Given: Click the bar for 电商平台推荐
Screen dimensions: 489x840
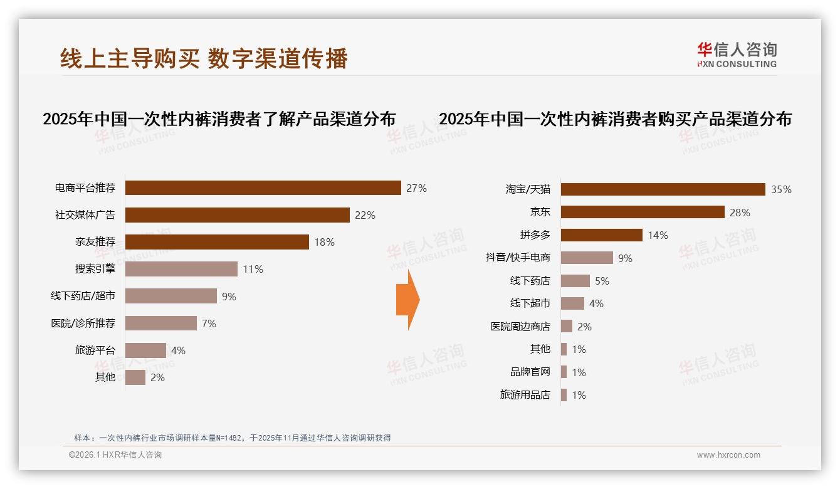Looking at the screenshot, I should [263, 188].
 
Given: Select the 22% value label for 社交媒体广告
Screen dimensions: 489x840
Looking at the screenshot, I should [365, 215].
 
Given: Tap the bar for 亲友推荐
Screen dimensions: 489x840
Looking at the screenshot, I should [217, 242].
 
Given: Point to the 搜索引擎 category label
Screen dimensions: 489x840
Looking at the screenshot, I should [95, 269].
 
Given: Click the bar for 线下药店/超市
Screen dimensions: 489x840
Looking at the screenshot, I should [171, 296].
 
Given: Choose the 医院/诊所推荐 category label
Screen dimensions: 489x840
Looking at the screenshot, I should [83, 323].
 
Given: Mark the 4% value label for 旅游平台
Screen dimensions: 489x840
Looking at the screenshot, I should [178, 350].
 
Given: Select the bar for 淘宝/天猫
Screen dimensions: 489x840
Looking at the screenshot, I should [663, 189].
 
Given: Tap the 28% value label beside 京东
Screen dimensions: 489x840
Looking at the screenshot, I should [740, 213].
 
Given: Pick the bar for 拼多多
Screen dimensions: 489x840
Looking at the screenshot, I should [601, 235].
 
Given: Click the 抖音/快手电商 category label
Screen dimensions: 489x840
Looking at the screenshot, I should [518, 258].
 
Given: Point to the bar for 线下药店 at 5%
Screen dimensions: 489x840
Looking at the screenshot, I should [575, 281].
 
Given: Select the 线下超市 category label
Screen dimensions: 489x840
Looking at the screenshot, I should [530, 303].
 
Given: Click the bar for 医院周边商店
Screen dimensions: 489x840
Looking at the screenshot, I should [567, 326].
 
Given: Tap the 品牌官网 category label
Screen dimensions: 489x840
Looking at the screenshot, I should [530, 372].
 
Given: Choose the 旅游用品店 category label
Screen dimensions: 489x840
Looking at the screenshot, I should [525, 395].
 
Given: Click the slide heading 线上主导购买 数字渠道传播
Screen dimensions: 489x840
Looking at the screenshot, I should [204, 58].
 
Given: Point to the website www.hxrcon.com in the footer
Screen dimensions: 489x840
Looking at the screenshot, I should [728, 455].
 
